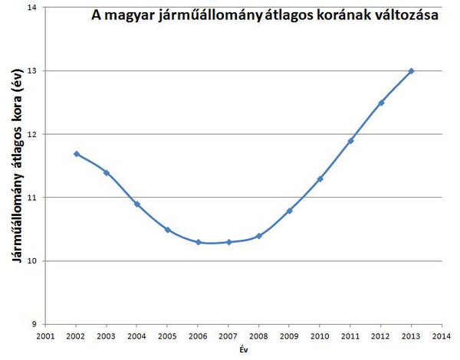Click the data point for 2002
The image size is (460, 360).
tap(77, 154)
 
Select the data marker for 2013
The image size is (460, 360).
tap(411, 71)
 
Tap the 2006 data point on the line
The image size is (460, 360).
tap(198, 242)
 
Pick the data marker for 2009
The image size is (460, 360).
tap(289, 211)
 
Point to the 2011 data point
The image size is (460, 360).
tap(350, 141)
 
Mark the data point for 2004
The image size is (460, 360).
tap(137, 205)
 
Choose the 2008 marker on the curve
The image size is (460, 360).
tap(259, 236)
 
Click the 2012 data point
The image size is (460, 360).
tap(381, 103)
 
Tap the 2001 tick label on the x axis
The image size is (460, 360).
tap(45, 335)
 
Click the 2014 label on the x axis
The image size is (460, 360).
tap(442, 335)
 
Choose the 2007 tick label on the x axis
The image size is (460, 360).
tap(228, 335)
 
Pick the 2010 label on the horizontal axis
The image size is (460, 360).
tap(320, 335)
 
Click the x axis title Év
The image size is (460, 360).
tap(243, 349)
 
